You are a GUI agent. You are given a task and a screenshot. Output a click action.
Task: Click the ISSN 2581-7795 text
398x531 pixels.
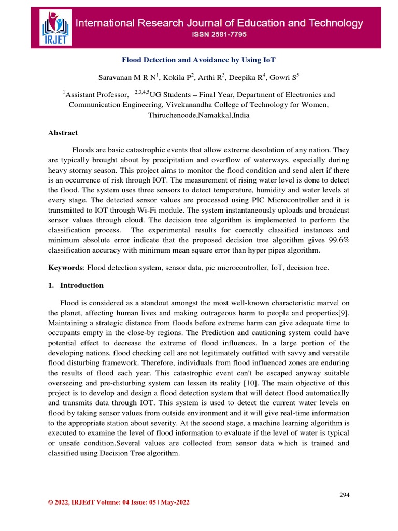[x=220, y=35]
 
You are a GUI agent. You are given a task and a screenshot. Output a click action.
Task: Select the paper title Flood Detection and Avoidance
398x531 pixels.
[x=199, y=60]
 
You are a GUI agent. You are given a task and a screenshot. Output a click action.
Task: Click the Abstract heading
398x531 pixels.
[x=63, y=133]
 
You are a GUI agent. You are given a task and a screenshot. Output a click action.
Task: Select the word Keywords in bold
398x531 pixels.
[x=65, y=267]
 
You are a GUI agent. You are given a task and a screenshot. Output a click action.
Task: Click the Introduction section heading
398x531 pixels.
[x=82, y=285]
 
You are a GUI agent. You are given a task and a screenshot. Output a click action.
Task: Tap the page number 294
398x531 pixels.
[x=345, y=495]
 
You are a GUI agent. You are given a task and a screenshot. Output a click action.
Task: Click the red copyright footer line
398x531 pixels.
[x=119, y=502]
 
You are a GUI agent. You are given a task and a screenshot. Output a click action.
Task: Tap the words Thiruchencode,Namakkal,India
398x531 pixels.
[x=199, y=115]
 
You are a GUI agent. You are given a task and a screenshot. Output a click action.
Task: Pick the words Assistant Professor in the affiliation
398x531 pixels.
[x=98, y=95]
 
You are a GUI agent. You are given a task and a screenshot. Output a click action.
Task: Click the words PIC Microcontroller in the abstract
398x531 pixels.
[x=276, y=200]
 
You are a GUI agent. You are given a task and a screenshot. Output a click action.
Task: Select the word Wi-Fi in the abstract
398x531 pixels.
[x=146, y=210]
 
